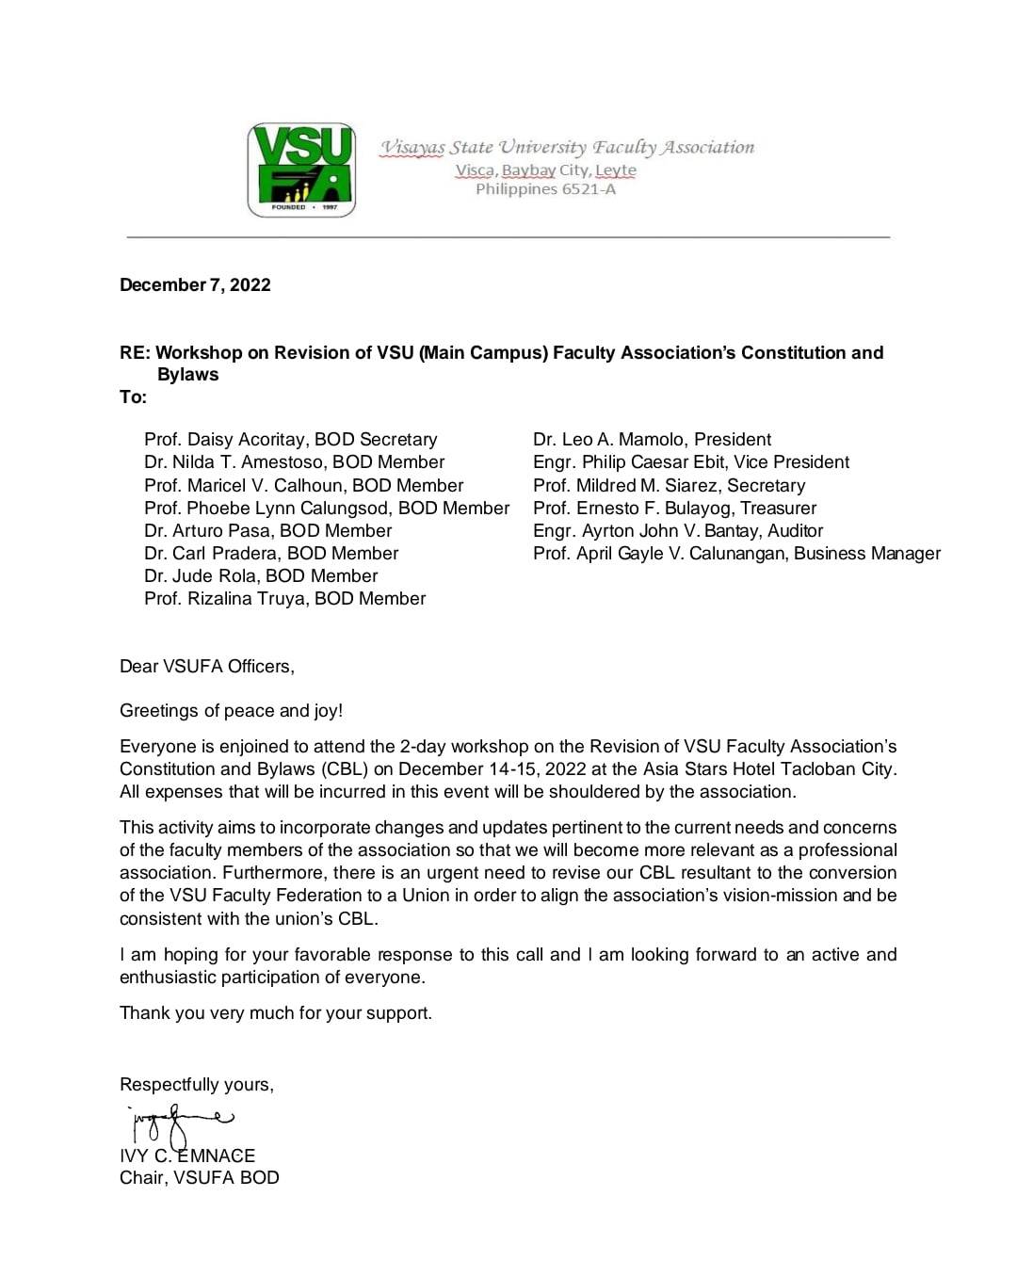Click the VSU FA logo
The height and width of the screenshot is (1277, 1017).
[x=301, y=170]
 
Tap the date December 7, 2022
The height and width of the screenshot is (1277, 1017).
[x=195, y=285]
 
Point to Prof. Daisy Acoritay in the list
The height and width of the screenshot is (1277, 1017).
[x=225, y=440]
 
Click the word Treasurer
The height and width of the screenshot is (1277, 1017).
[x=778, y=509]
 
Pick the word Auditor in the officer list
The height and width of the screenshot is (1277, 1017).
[x=796, y=531]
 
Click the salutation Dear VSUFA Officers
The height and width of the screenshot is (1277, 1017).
[x=207, y=667]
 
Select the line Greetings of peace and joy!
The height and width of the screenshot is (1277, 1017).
[x=232, y=711]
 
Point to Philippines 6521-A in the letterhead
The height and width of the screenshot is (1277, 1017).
[x=545, y=189]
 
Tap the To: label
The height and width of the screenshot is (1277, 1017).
[x=134, y=397]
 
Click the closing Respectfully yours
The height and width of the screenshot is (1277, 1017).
[x=197, y=1085]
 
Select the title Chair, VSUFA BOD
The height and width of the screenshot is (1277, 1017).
[x=200, y=1178]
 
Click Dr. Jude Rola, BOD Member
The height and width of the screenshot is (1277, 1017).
[x=261, y=576]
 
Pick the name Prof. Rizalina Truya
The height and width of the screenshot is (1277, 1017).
[x=225, y=599]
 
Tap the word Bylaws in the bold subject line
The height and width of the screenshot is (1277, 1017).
[x=188, y=375]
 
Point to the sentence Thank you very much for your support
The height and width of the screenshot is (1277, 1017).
[x=276, y=1013]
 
